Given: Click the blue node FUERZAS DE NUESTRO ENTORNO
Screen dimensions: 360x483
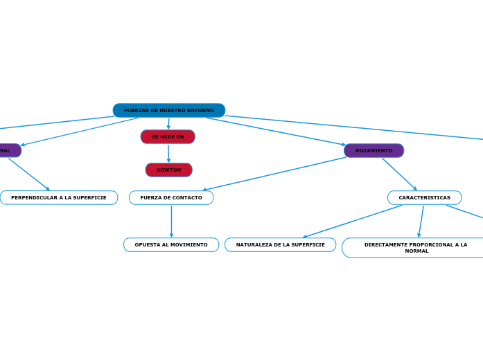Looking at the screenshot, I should tap(168, 110).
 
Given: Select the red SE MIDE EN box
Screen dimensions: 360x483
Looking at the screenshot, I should tap(168, 136).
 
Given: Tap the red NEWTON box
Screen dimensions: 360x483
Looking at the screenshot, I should tap(168, 170).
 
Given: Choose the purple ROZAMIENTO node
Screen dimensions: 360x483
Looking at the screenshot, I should tap(374, 150).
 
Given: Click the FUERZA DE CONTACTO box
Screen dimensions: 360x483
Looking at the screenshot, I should tap(171, 197).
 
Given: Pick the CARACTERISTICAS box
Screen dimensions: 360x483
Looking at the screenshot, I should tap(424, 197).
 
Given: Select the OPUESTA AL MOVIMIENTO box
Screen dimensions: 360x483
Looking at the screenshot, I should tap(171, 244).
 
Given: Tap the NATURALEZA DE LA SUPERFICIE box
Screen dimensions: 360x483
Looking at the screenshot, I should tap(280, 244).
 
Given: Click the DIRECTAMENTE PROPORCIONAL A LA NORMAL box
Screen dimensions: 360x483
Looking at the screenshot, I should tap(415, 247).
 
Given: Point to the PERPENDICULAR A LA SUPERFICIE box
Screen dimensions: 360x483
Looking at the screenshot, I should tap(59, 197).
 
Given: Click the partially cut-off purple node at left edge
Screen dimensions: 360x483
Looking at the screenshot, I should tap(9, 150).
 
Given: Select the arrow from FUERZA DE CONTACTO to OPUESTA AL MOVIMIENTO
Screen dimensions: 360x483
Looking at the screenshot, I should tap(171, 221).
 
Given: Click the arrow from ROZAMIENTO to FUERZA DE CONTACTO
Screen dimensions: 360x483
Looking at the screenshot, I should tap(274, 174).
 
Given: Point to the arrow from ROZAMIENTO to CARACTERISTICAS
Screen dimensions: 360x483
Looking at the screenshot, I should tap(399, 174).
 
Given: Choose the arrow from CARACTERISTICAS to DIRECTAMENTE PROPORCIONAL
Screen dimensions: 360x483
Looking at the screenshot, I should tap(421, 221).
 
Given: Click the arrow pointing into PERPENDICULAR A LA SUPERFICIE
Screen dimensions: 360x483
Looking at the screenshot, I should tap(29, 174).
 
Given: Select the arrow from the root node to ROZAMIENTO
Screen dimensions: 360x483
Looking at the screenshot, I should tap(276, 131).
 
